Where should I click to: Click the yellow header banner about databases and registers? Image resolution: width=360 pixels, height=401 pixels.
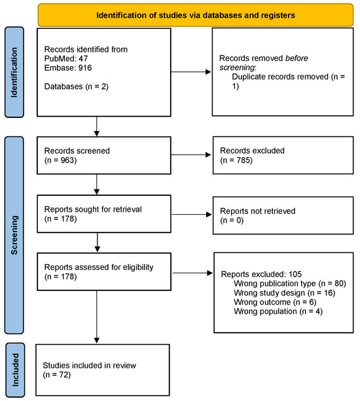(196, 14)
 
